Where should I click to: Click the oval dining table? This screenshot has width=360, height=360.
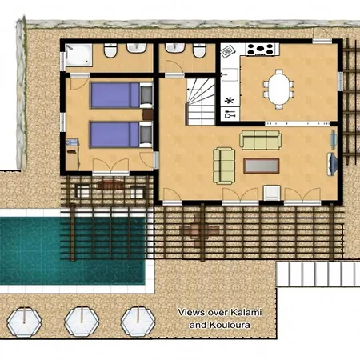tap(278, 89)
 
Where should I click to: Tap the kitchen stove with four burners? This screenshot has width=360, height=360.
tap(260, 49)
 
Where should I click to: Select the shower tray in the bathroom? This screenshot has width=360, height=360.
tap(78, 55)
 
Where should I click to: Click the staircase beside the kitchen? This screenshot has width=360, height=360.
tap(201, 102)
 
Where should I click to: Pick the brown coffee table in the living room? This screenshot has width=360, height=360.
tap(262, 166)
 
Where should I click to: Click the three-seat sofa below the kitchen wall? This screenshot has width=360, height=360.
tap(260, 140)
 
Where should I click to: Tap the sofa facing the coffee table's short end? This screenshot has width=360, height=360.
tap(224, 166)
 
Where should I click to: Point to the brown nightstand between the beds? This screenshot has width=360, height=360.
tap(147, 114)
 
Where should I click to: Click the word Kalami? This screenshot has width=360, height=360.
tap(246, 312)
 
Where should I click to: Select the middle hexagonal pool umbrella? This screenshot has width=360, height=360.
tap(82, 322)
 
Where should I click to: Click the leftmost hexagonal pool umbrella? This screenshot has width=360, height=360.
tap(24, 322)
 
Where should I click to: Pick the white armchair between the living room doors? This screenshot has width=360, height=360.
tap(272, 193)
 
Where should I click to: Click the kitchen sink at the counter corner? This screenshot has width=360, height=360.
tap(230, 74)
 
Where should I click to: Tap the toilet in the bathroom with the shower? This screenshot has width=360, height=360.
tap(110, 50)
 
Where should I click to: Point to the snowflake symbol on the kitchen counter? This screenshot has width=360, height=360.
tap(229, 101)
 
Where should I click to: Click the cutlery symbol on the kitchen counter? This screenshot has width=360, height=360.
tap(230, 114)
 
